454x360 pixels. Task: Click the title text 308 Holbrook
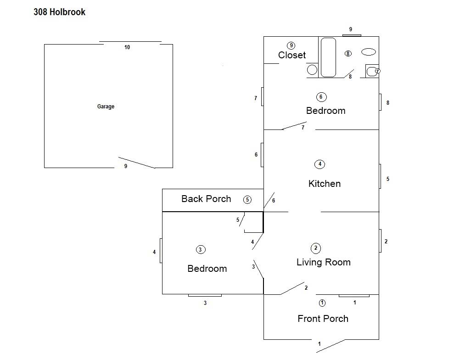coord(59,12)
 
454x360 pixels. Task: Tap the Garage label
coord(106,106)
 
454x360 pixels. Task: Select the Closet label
coord(292,55)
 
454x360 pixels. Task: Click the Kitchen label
coord(324,184)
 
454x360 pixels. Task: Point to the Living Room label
coord(324,262)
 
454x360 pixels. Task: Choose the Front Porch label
coord(323,319)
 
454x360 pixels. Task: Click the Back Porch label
coord(206,199)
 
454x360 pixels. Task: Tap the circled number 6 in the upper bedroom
coord(321,97)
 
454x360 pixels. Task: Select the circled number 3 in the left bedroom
coord(200,250)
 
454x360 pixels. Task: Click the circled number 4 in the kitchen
coord(319,164)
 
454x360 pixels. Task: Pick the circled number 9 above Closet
coord(291,45)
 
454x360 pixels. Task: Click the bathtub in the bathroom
coord(328,57)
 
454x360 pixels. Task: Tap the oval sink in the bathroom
coord(368,52)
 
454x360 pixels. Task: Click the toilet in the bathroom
coord(372,71)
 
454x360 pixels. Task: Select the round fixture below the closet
coord(312,70)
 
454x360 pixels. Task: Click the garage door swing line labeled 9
coord(136,163)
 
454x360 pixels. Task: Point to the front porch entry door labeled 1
coord(331,346)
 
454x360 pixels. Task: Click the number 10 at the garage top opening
coord(127,47)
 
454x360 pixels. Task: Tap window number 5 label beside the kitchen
coord(388,179)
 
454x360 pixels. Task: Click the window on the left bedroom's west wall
coord(161,251)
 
